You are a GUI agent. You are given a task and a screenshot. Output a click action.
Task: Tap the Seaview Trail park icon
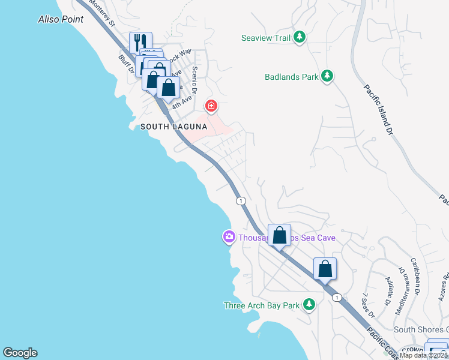coord(300,38)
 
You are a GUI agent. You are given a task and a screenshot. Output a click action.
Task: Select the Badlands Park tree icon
coord(327,76)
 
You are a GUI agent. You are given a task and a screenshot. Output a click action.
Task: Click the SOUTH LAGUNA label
coord(173,127)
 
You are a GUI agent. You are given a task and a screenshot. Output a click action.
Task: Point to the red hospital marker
coord(211,107)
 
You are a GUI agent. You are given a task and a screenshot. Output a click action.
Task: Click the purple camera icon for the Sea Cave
coord(229,238)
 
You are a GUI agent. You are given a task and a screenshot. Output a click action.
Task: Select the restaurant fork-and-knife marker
coord(141,42)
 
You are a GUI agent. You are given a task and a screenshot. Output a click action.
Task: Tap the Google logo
coord(20,353)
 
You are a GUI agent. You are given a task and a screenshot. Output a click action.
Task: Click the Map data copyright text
coord(424,355)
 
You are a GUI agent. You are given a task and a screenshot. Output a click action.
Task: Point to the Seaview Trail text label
coord(265,38)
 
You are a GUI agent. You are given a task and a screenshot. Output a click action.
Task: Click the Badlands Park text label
coord(292,77)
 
